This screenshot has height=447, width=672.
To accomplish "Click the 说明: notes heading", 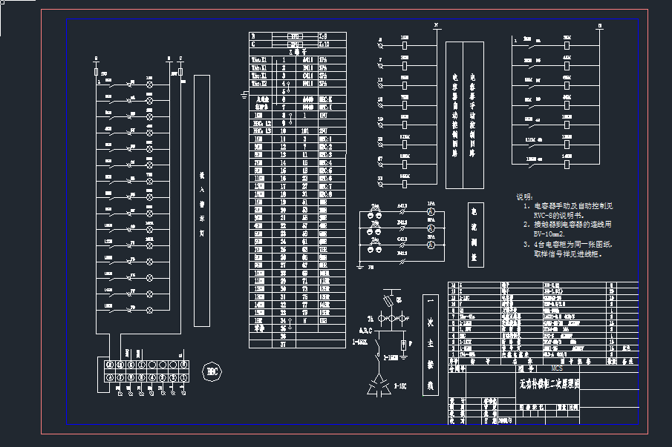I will tap(524, 197).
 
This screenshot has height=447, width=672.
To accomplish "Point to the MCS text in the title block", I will tap(556, 368).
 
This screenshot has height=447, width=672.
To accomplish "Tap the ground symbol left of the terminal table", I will tap(244, 94).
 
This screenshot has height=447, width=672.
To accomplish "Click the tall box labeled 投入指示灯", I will tap(201, 200).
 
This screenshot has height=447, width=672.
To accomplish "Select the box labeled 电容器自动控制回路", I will tap(454, 115).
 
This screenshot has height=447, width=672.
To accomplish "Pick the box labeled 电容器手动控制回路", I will tap(473, 115).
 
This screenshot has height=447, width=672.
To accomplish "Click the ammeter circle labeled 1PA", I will tap(429, 212).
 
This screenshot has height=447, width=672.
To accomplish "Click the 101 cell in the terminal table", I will tap(304, 131).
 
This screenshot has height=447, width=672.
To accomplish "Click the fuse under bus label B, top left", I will tap(96, 73).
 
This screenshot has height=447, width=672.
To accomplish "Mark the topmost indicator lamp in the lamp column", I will tap(149, 85).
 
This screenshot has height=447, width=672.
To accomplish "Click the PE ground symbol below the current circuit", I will tap(361, 265).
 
